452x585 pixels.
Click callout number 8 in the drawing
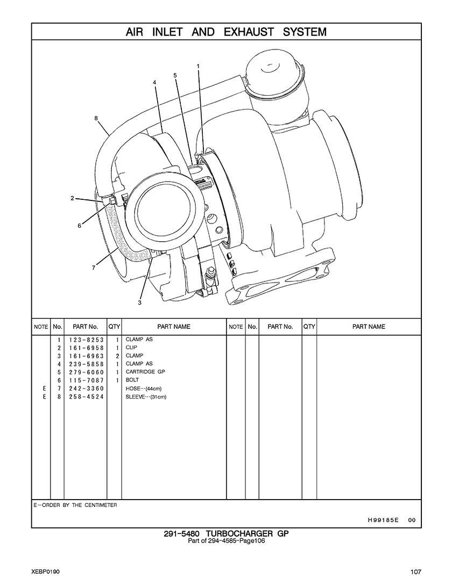pos(96,118)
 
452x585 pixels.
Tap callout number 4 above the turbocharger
pos(154,82)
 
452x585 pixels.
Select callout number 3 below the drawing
pos(139,302)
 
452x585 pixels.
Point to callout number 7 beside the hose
pos(94,267)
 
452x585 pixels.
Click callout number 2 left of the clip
pos(73,198)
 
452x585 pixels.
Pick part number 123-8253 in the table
pos(86,340)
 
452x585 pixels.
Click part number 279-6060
pos(86,372)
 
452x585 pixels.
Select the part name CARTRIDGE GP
pos(145,372)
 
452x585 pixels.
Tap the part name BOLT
pos(132,380)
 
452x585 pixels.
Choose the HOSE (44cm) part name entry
pos(144,388)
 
